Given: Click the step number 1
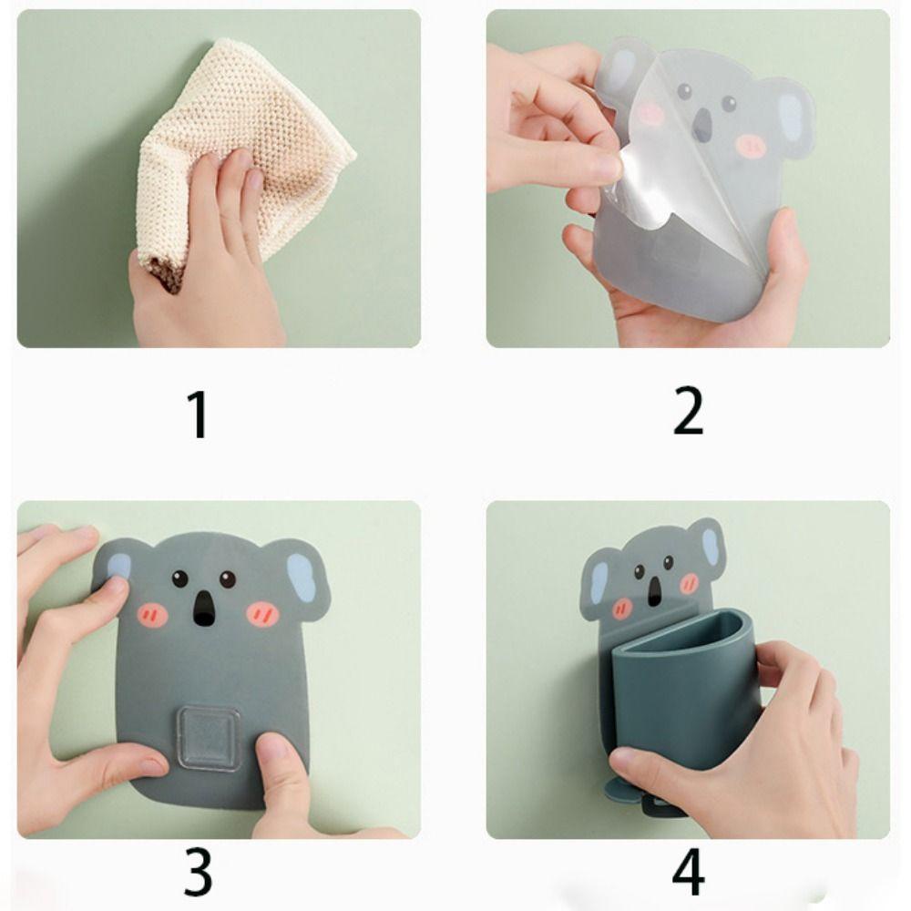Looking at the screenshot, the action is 199,414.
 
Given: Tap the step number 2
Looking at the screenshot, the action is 688,412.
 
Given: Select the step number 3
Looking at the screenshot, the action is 198,872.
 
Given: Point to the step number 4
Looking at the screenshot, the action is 688,872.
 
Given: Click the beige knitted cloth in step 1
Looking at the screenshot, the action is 244,151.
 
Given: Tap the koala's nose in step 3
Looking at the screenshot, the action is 203,609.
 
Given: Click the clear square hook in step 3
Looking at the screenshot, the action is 210,738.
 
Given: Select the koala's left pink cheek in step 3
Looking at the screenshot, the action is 153,613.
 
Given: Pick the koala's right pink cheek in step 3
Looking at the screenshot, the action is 262,613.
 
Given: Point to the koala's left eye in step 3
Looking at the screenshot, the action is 179,578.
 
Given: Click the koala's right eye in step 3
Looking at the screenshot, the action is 227,579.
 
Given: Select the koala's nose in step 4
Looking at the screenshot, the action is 655,589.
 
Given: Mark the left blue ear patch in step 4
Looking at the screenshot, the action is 599,582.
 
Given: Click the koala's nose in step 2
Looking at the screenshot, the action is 703,125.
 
